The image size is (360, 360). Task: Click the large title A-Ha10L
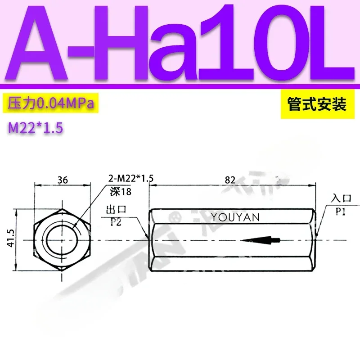tap(180, 43)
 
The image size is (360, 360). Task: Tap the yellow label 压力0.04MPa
tap(51, 104)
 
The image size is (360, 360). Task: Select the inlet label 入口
tap(340, 198)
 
